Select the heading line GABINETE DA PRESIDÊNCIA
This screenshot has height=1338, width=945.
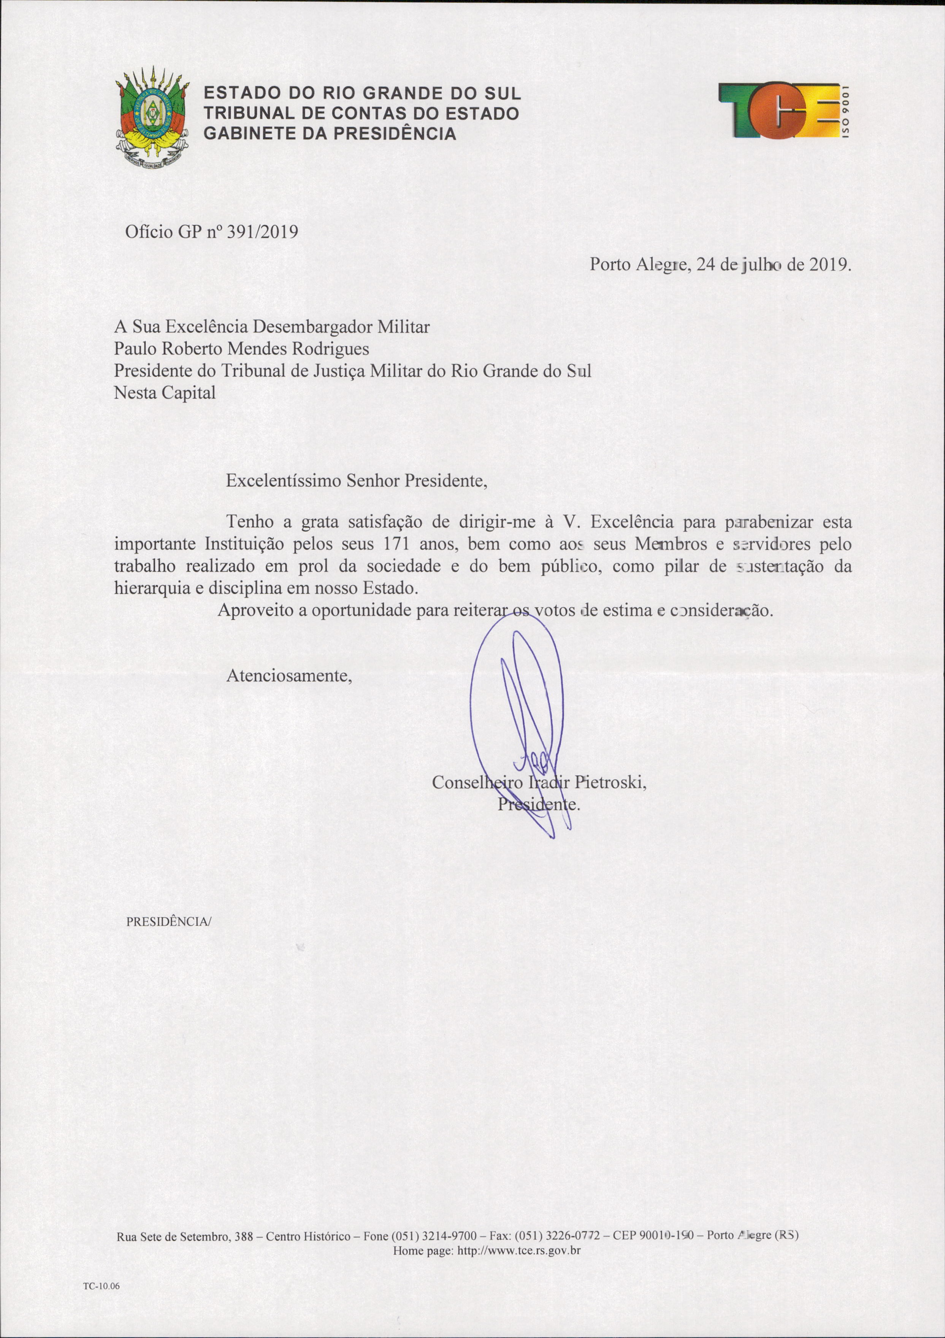[x=329, y=134]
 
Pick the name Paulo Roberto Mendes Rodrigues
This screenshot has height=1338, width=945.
[x=241, y=348]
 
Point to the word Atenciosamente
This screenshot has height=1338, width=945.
[x=289, y=675]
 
